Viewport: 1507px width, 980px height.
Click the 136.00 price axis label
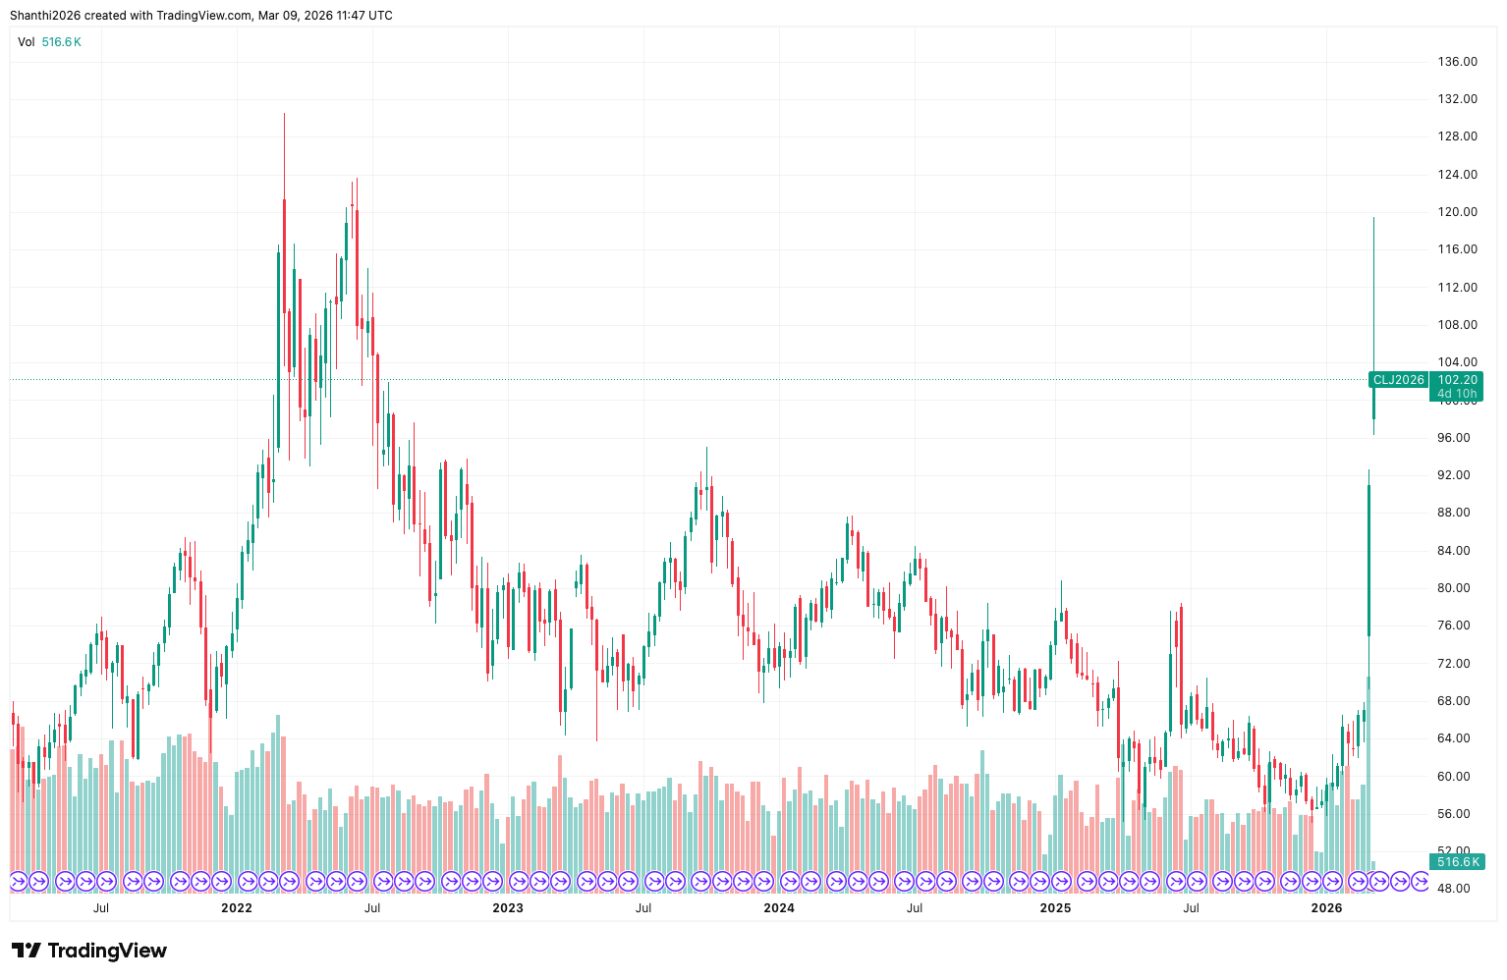[x=1457, y=62]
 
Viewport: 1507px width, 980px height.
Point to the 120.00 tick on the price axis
[x=1457, y=212]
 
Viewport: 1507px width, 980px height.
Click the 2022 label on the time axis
[x=237, y=908]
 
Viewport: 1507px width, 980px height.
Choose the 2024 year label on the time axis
[x=779, y=908]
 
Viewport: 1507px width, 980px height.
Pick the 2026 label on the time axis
[x=1326, y=908]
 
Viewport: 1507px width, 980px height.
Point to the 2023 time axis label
[x=508, y=908]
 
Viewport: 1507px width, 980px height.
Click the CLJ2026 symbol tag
[x=1398, y=380]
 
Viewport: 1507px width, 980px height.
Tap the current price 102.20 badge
[x=1457, y=380]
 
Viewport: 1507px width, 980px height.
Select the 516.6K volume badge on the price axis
[x=1457, y=862]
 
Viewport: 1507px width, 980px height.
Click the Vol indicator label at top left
[x=27, y=42]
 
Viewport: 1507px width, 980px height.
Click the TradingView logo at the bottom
[x=89, y=951]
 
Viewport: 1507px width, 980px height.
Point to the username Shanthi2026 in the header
[x=45, y=16]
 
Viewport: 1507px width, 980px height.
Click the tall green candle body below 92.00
[x=1368, y=560]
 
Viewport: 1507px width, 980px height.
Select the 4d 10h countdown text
[x=1457, y=394]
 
